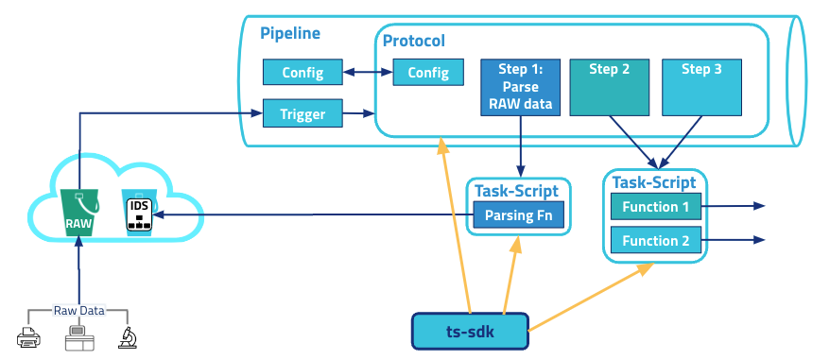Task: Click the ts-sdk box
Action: pyautogui.click(x=471, y=332)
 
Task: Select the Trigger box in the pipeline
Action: pyautogui.click(x=303, y=113)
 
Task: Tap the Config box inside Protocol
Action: pyautogui.click(x=428, y=73)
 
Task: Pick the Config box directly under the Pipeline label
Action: pyautogui.click(x=303, y=72)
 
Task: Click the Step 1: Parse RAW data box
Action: pyautogui.click(x=520, y=87)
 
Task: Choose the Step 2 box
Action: pyautogui.click(x=610, y=87)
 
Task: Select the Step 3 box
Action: pyautogui.click(x=701, y=87)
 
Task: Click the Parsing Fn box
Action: pyautogui.click(x=519, y=214)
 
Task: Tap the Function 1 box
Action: pyautogui.click(x=656, y=207)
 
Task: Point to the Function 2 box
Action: pyautogui.click(x=656, y=240)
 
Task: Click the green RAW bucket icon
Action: pyautogui.click(x=78, y=212)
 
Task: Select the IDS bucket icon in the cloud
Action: pyautogui.click(x=140, y=211)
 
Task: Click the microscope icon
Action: pyautogui.click(x=126, y=336)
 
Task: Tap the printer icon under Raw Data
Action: pyautogui.click(x=28, y=336)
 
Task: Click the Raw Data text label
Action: pyautogui.click(x=78, y=310)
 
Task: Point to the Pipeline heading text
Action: pyautogui.click(x=290, y=33)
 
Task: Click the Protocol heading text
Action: pyautogui.click(x=414, y=41)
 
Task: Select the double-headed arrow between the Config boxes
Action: pyautogui.click(x=368, y=73)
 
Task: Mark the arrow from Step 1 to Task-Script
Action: pyautogui.click(x=520, y=146)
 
